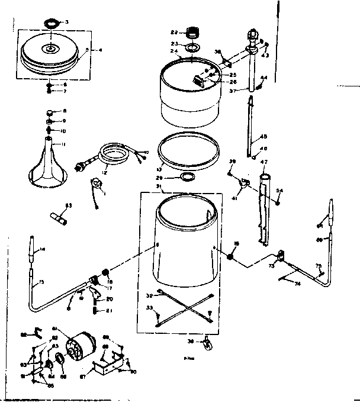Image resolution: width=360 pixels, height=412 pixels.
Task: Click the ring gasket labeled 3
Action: click(52, 24)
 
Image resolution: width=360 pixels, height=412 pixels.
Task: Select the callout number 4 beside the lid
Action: click(100, 50)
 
